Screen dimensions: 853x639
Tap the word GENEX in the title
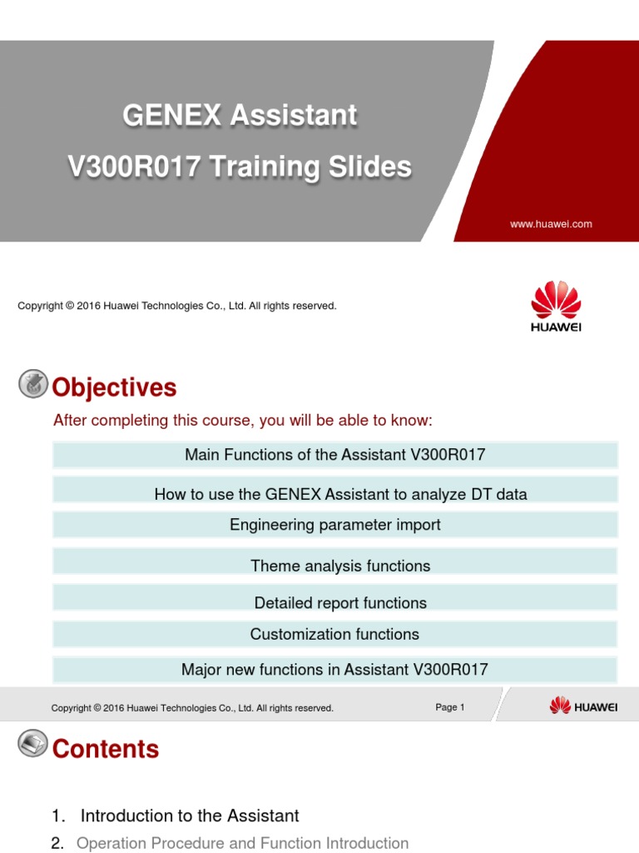click(x=172, y=116)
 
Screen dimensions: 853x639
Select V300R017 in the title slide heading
click(x=133, y=167)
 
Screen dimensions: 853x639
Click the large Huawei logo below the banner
click(x=556, y=307)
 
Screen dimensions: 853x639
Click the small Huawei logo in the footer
click(x=583, y=706)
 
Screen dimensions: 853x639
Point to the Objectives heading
click(x=114, y=387)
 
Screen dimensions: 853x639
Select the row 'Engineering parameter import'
click(x=334, y=525)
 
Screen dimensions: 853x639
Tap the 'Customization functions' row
click(x=334, y=634)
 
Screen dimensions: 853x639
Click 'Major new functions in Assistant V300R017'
click(x=334, y=670)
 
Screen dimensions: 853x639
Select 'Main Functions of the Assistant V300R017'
click(x=334, y=455)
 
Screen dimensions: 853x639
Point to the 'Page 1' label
click(x=449, y=707)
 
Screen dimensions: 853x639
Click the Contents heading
click(x=106, y=749)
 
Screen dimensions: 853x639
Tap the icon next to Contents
click(x=32, y=743)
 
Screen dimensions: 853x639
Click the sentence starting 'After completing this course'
click(x=242, y=421)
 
